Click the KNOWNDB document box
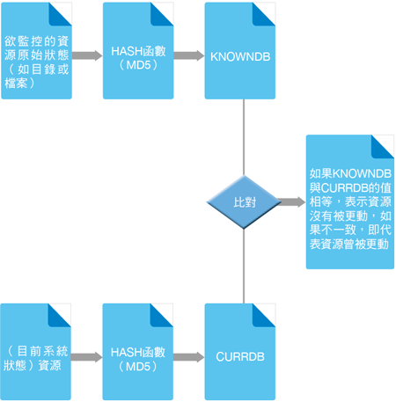pos(240,51)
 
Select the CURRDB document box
pos(240,352)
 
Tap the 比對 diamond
pos(244,202)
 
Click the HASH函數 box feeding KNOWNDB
pos(138,51)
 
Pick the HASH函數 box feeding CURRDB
pos(138,352)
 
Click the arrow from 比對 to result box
pos(291,202)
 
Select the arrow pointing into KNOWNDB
pos(189,55)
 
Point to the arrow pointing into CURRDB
pos(188,357)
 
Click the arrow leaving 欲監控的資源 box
pos(87,55)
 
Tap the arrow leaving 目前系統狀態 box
pos(87,357)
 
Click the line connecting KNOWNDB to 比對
pos(244,137)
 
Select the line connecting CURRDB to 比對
pos(244,267)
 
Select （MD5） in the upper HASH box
pos(138,65)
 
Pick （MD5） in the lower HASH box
pos(138,367)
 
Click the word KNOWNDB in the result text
pos(362,173)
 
